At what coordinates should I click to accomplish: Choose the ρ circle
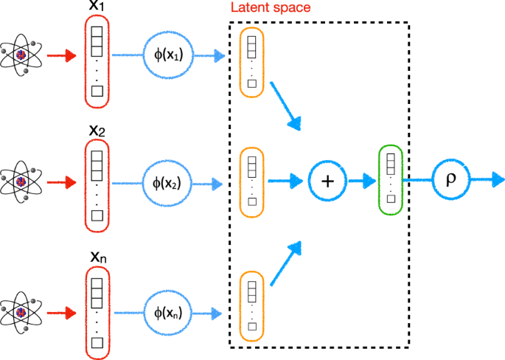tap(450, 179)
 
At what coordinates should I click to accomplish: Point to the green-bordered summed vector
tap(389, 180)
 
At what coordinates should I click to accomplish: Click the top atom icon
tap(20, 54)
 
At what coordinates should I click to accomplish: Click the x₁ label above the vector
tap(97, 7)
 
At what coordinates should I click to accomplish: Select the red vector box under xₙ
tap(97, 310)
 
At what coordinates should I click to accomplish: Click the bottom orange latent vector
tap(251, 305)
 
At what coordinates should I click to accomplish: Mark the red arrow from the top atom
tap(61, 55)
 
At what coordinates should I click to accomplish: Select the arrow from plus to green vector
tap(361, 180)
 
